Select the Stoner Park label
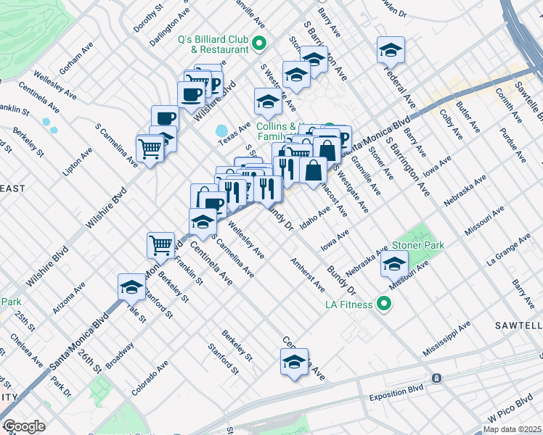[417, 246]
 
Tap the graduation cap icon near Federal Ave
[391, 51]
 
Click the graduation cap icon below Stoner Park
[395, 265]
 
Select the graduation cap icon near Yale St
[131, 288]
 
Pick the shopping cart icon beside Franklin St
[160, 244]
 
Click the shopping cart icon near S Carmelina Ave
[150, 149]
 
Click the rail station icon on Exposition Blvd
[436, 378]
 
